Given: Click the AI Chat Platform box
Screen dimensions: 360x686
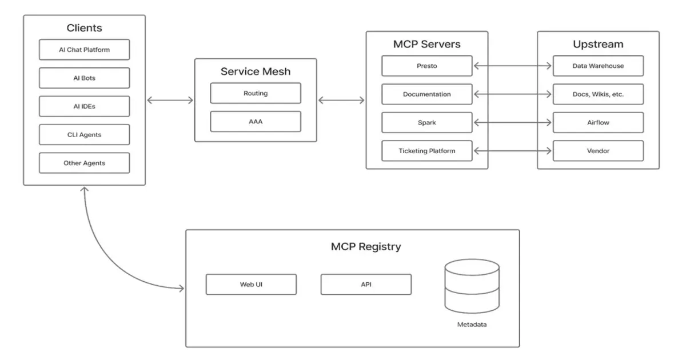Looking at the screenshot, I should click(x=84, y=50).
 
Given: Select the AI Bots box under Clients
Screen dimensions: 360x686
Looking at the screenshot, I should click(x=84, y=78).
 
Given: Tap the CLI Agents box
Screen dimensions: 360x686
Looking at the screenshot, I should click(x=84, y=135).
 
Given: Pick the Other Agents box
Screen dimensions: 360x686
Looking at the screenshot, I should click(x=84, y=163).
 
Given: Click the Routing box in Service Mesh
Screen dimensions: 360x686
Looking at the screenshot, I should click(x=255, y=93).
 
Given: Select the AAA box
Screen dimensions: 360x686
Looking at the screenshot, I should click(x=255, y=122).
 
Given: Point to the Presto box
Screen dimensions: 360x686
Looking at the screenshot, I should click(x=426, y=66).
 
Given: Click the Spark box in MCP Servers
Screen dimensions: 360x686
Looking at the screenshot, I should click(x=426, y=122).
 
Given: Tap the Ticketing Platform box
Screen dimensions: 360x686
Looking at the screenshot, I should click(x=426, y=151).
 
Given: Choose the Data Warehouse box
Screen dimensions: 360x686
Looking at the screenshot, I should click(x=598, y=66).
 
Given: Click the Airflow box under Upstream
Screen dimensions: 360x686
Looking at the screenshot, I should click(x=598, y=122).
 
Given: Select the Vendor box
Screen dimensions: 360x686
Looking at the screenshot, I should click(x=598, y=151).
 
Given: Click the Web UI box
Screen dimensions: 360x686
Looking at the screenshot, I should click(x=251, y=285).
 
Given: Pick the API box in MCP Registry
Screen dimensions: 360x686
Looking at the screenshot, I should click(x=366, y=285).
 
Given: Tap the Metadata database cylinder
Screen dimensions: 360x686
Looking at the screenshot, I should click(x=472, y=286).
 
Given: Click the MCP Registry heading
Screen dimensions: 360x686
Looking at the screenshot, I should click(x=366, y=247).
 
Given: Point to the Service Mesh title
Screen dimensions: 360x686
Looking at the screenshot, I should click(x=255, y=71).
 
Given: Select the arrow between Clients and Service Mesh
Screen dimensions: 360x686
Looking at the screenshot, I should click(x=170, y=101).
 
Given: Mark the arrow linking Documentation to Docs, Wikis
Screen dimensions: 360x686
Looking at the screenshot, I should click(x=513, y=94).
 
